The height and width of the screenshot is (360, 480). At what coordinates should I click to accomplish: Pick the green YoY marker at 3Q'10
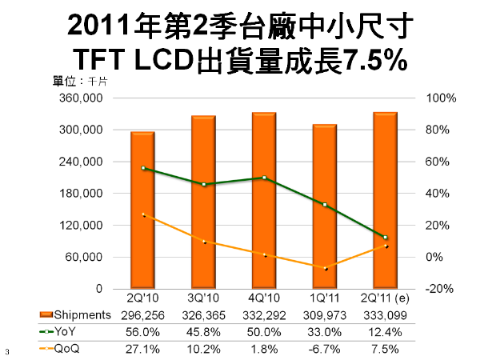coord(204,185)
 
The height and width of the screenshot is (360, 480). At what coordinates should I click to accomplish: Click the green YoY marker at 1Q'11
coord(325,205)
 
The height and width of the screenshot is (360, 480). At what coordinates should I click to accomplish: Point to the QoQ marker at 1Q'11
coord(325,268)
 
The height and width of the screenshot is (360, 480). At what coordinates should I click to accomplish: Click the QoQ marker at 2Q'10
coord(143,214)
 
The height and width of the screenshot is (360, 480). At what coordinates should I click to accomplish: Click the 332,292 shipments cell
coord(265,316)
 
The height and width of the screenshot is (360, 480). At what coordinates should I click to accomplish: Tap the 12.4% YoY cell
coord(386,332)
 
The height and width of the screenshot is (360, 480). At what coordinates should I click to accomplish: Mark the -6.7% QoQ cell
coord(326,349)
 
